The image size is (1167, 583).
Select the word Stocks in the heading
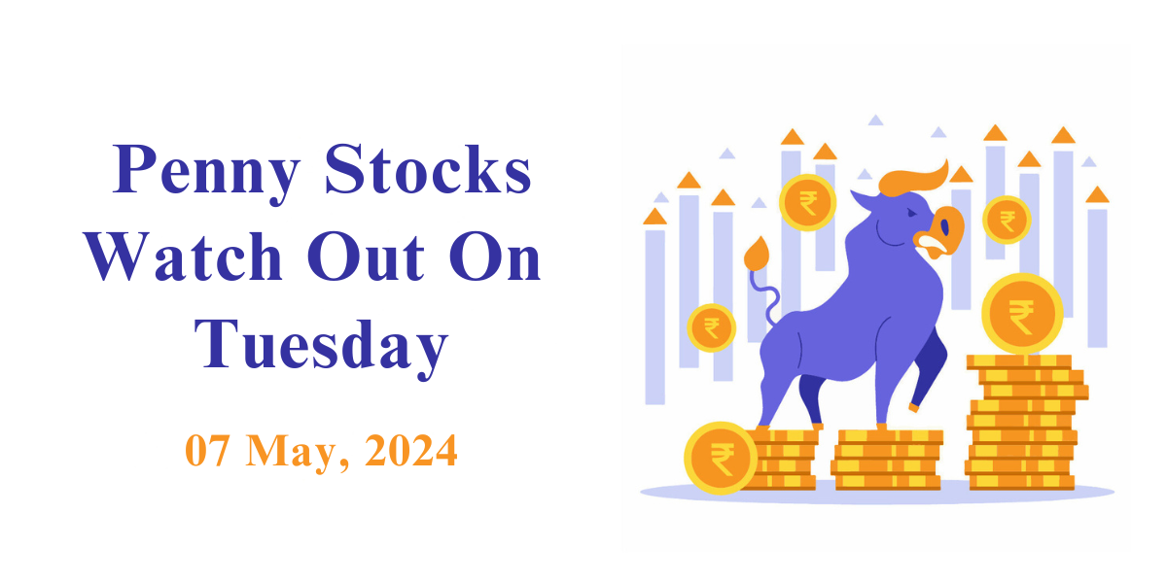point(428,170)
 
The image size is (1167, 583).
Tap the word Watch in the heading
point(184,257)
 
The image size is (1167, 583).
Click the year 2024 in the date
point(411,450)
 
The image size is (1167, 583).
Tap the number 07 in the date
point(207,450)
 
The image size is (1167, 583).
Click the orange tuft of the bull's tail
point(757,254)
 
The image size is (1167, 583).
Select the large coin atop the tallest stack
point(1022,314)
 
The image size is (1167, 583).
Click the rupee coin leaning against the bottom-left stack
point(721,458)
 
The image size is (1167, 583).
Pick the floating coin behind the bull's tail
point(711,328)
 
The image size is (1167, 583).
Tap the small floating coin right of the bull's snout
point(1007,221)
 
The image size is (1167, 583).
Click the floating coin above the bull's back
point(807,202)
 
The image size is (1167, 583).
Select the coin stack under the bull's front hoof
point(886,460)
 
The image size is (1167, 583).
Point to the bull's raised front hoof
point(914,407)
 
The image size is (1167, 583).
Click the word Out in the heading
point(366,257)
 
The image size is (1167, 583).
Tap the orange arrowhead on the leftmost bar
point(654,217)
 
